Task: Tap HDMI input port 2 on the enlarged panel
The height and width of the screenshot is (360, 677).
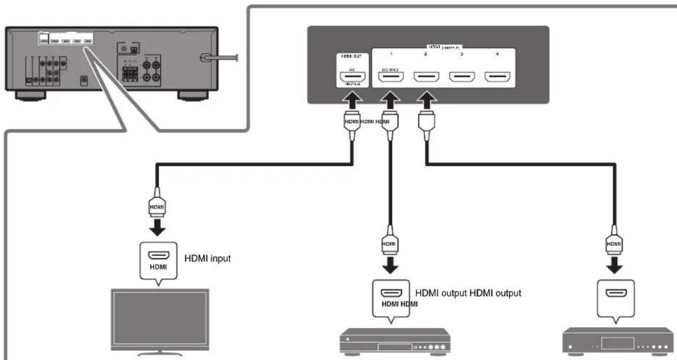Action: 426,79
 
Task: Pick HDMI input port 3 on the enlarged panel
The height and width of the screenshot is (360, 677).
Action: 462,79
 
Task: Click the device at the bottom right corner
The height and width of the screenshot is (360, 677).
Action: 615,341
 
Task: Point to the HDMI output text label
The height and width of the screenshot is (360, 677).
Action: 468,293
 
